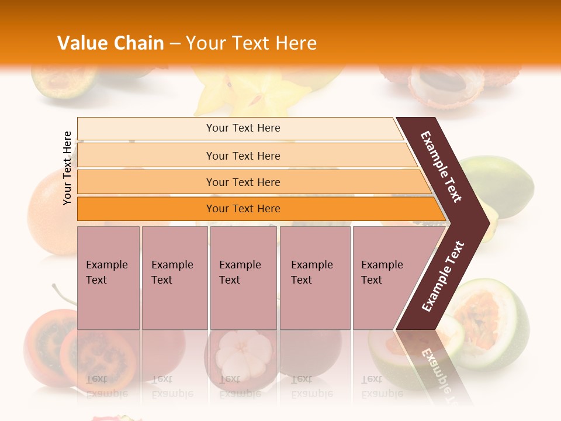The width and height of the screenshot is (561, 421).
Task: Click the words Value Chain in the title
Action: (x=110, y=43)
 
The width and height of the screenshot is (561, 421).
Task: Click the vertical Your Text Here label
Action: (x=67, y=168)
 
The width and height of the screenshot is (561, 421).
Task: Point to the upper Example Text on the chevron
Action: (x=441, y=167)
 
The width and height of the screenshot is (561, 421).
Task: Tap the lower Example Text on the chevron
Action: (x=443, y=277)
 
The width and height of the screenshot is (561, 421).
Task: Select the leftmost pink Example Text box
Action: (x=108, y=278)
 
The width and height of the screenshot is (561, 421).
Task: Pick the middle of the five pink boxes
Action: (x=243, y=278)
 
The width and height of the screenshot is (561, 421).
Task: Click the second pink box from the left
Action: (x=174, y=278)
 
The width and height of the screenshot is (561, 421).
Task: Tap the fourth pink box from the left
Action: (x=314, y=278)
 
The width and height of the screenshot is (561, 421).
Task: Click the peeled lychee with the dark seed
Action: (x=435, y=82)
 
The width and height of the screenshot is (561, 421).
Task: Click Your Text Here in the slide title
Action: (x=251, y=43)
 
